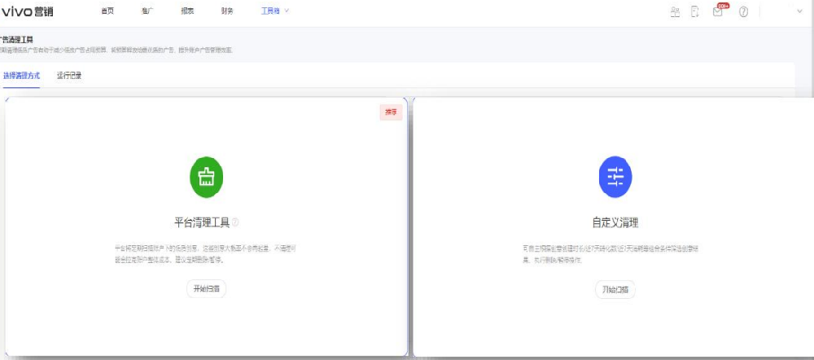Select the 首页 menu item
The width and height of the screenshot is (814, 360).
coord(107,11)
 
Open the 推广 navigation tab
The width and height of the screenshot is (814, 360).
coord(147,11)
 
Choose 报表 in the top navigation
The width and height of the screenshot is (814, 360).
coord(187,11)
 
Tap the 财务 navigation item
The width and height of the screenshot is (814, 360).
coord(227,11)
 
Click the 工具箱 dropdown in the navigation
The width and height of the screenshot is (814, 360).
coord(274,11)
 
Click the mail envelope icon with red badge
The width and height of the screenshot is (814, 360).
coord(718,11)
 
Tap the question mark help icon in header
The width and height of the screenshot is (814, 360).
coord(743,12)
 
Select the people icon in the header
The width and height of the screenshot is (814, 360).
coord(675,12)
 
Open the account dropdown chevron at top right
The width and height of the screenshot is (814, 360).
coord(799,11)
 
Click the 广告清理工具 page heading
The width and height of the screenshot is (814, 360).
coord(16,40)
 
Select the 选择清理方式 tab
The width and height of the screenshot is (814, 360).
coord(21,76)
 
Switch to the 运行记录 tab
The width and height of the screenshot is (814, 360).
coord(69,76)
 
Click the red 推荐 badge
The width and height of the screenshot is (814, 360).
coord(391,112)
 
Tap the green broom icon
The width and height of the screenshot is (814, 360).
coord(207,176)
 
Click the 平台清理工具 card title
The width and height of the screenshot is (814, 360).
coord(202,222)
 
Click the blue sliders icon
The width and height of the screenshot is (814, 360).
coord(615,176)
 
